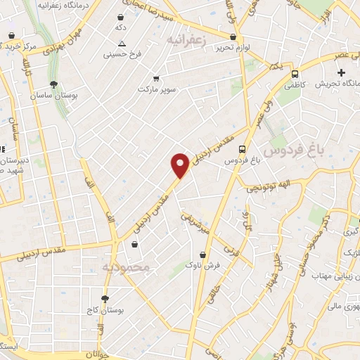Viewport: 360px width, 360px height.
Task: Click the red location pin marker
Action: coord(180,165)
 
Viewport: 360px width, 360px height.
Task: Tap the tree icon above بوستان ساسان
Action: coord(54,84)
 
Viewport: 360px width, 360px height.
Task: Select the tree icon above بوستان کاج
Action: coord(105,299)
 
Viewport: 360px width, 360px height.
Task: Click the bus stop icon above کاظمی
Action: coord(294,73)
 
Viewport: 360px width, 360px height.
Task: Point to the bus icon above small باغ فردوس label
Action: coord(241,149)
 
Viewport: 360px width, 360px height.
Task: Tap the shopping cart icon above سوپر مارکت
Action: coord(155,79)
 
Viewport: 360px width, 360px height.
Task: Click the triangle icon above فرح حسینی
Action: coord(122,43)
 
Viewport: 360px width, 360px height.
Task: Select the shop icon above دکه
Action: coord(122,16)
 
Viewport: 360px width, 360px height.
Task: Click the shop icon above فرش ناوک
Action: coord(203,255)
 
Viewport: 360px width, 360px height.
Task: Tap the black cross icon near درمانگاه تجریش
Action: coord(341,72)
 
